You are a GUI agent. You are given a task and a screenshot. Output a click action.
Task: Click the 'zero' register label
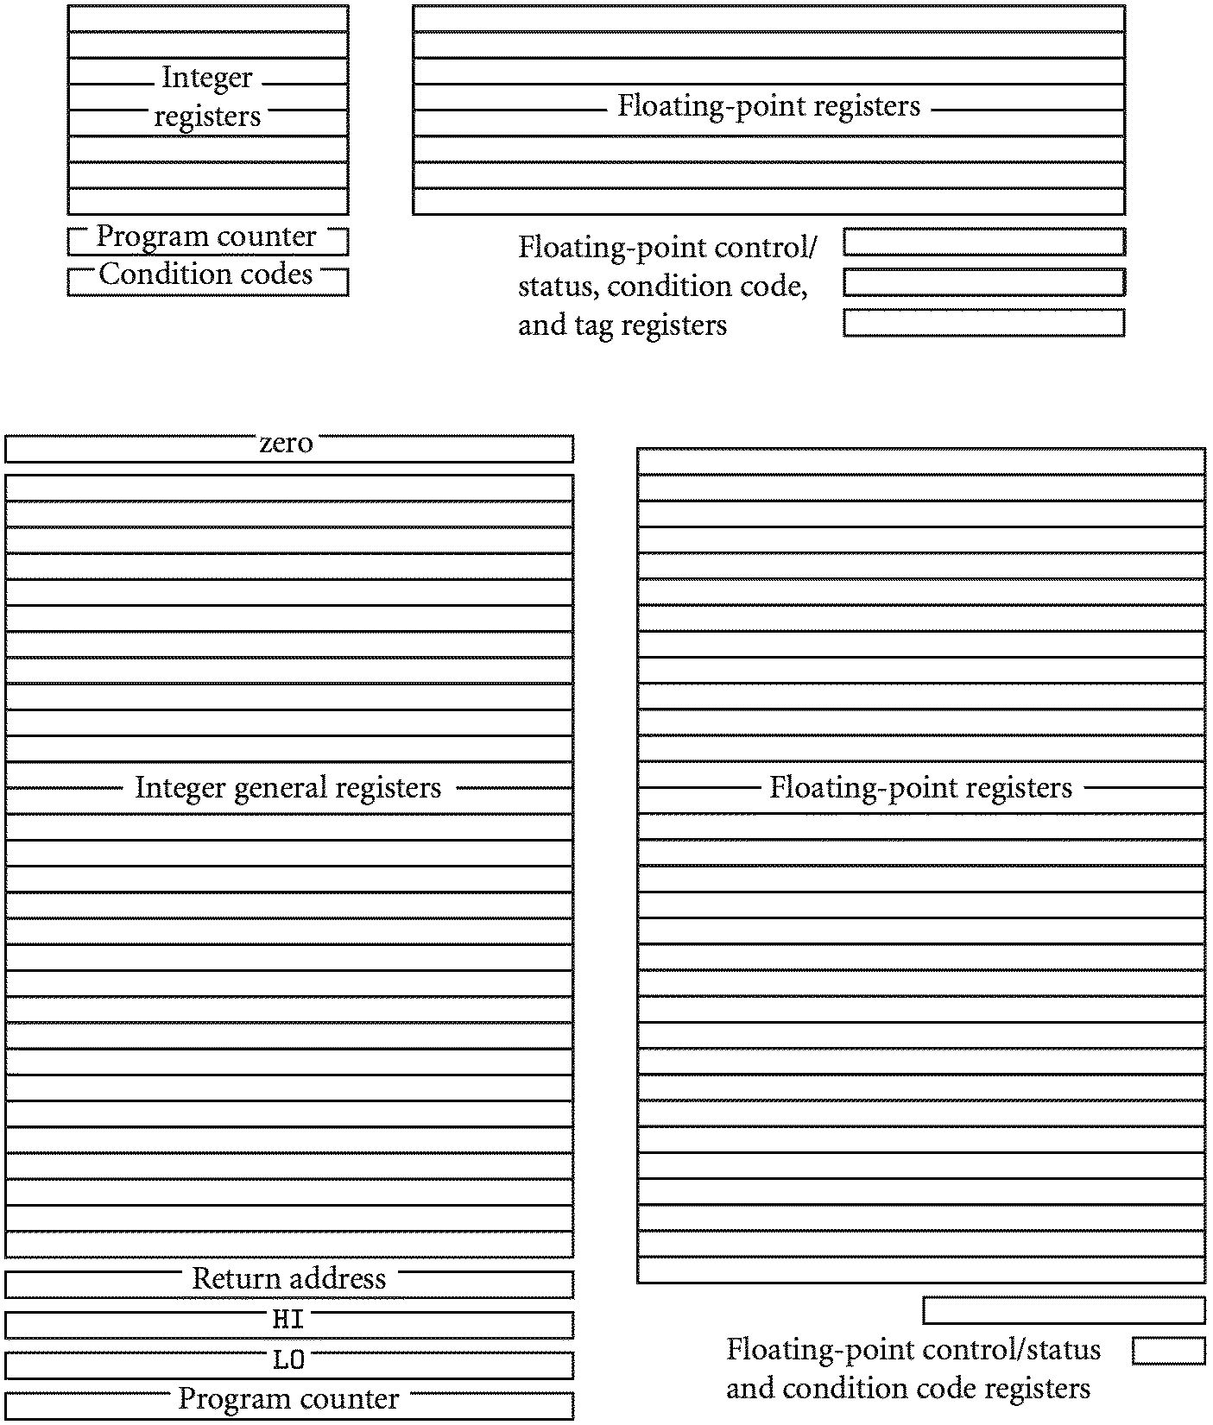(x=286, y=444)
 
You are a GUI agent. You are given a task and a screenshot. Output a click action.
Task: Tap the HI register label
(x=288, y=1319)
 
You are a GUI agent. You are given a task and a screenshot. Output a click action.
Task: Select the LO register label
(x=288, y=1360)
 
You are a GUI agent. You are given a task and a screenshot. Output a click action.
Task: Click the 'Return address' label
(x=288, y=1278)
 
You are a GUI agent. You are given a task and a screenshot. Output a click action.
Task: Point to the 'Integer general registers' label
(x=288, y=787)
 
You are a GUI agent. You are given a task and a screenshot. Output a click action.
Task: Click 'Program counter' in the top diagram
(x=206, y=236)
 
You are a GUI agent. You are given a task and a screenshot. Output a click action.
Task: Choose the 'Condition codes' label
(x=206, y=274)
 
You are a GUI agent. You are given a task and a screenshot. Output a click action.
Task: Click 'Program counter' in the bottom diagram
(x=288, y=1398)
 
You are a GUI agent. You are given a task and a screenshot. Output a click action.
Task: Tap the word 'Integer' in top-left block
(x=207, y=78)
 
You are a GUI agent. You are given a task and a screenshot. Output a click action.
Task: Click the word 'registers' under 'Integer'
(x=207, y=116)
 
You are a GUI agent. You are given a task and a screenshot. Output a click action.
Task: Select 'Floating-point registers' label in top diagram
(x=768, y=106)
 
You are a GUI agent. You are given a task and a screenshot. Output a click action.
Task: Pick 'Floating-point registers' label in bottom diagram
(x=920, y=787)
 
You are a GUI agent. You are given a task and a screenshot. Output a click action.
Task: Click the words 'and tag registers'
(x=622, y=325)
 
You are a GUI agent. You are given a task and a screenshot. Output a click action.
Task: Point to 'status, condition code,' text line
(x=663, y=286)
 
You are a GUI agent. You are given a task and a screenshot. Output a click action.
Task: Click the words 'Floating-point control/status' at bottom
(x=913, y=1350)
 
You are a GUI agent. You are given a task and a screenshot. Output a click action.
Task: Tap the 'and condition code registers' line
(x=908, y=1388)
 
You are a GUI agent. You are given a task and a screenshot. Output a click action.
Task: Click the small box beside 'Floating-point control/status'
(x=1168, y=1351)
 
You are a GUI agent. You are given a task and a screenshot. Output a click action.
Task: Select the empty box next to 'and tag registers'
(x=983, y=323)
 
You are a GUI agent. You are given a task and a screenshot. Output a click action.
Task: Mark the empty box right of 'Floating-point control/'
(x=983, y=242)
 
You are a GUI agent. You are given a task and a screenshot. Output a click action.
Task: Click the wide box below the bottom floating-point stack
(x=1064, y=1310)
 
